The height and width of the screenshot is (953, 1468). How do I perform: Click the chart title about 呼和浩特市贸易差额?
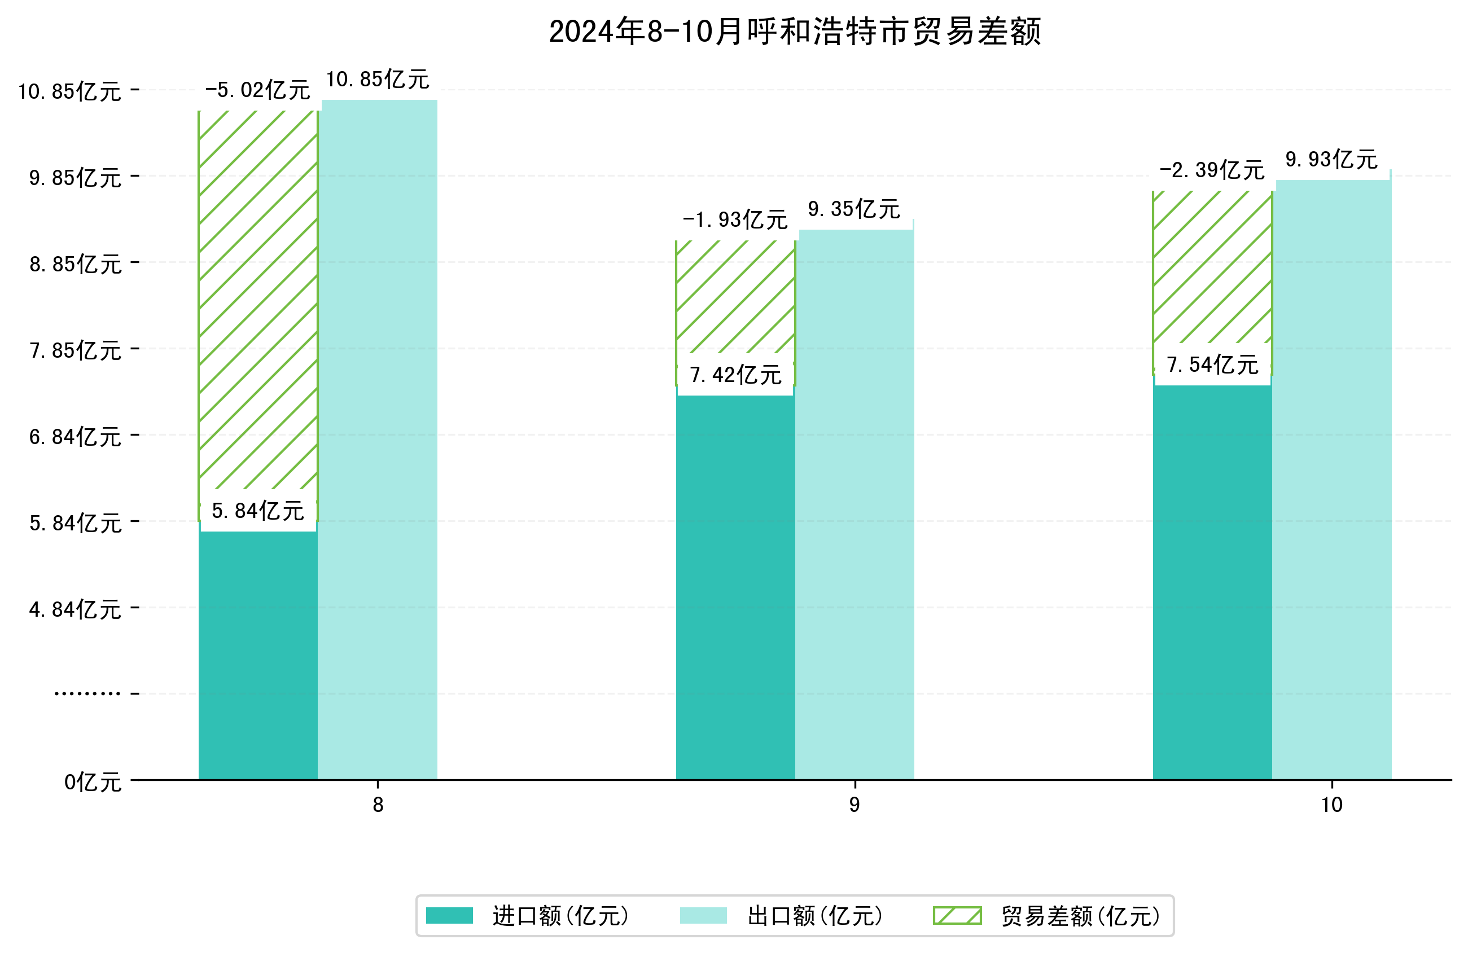(795, 32)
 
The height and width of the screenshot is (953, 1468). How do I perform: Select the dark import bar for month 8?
(258, 654)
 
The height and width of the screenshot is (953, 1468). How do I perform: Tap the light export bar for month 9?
(854, 506)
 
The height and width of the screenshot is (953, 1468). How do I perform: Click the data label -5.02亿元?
(257, 90)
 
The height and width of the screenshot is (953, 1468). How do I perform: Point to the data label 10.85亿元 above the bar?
(378, 80)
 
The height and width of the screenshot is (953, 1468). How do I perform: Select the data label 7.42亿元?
(735, 375)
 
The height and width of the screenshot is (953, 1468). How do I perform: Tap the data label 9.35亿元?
(854, 209)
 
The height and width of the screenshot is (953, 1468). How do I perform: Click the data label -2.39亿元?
(1212, 170)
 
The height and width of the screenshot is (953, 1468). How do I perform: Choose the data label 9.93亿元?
(1331, 160)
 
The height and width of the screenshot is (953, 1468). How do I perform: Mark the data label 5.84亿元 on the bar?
(258, 511)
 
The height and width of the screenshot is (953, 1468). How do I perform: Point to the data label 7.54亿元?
(1212, 364)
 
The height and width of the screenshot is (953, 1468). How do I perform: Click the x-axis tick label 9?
(854, 805)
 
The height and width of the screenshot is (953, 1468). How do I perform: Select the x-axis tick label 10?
(1331, 805)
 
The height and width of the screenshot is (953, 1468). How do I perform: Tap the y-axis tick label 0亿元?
(93, 782)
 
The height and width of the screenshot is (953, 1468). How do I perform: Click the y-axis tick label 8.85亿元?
(75, 264)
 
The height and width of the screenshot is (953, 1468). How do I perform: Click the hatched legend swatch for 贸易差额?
(957, 915)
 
